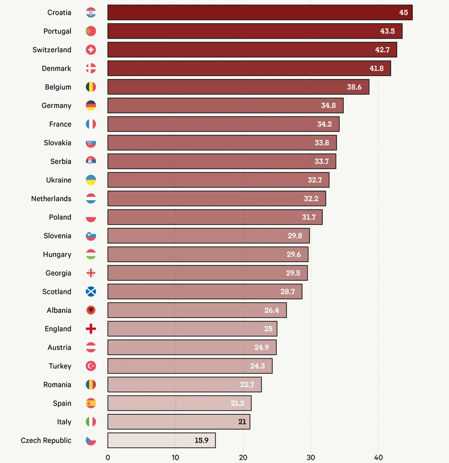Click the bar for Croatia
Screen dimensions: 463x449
point(260,12)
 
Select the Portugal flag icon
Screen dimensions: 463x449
point(91,31)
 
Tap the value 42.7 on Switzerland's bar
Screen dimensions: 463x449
point(382,50)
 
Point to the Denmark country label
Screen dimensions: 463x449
point(56,68)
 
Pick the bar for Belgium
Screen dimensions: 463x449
point(238,87)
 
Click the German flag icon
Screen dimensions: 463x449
point(91,106)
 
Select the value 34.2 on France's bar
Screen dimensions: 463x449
point(325,124)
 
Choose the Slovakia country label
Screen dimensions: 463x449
point(57,143)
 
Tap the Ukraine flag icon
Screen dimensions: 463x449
point(91,180)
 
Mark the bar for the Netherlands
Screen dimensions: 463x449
point(217,199)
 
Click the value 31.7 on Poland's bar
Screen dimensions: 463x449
point(309,217)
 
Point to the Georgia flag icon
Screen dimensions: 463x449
point(91,273)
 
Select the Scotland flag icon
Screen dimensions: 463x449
point(91,291)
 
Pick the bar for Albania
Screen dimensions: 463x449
point(197,310)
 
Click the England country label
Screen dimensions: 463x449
point(58,329)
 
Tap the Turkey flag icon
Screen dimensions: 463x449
point(91,366)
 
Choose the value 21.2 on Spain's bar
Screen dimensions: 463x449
point(238,403)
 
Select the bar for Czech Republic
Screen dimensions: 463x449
point(161,440)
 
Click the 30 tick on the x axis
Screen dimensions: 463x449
point(310,457)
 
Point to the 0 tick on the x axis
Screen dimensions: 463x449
point(108,457)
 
